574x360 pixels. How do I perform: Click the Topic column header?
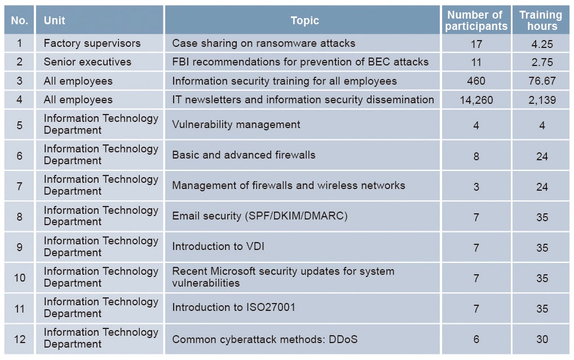click(x=304, y=20)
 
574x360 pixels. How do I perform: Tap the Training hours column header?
click(x=541, y=20)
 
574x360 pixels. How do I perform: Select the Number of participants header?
click(x=476, y=20)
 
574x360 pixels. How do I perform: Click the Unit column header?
click(x=55, y=20)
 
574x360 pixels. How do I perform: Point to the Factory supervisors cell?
click(x=92, y=43)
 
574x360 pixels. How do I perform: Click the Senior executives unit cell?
click(x=87, y=62)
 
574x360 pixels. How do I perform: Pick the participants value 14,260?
click(x=476, y=100)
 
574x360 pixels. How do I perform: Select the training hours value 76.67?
click(x=542, y=81)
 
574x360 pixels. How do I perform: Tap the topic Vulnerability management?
click(x=236, y=125)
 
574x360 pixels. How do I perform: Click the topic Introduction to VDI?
click(x=218, y=247)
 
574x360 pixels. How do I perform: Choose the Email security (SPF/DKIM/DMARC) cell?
click(x=260, y=216)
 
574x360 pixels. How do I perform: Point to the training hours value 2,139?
click(x=542, y=100)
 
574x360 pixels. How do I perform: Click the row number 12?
click(x=20, y=339)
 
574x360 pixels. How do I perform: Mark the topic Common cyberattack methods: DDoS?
click(x=264, y=340)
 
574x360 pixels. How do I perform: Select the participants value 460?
click(x=476, y=81)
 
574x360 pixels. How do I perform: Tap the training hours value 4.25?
click(x=542, y=44)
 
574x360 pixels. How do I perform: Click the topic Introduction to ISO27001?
click(x=233, y=308)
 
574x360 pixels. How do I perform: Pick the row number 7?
click(x=20, y=186)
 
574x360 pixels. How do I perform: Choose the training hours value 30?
click(x=542, y=339)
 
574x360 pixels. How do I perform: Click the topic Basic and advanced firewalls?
click(x=244, y=155)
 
